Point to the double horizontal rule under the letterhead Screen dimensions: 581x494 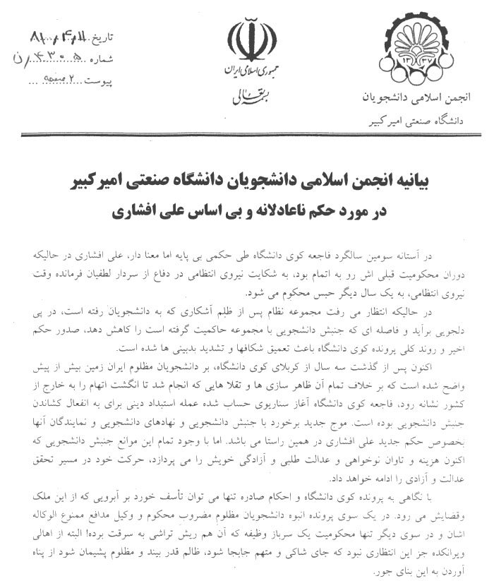(x=247, y=134)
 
